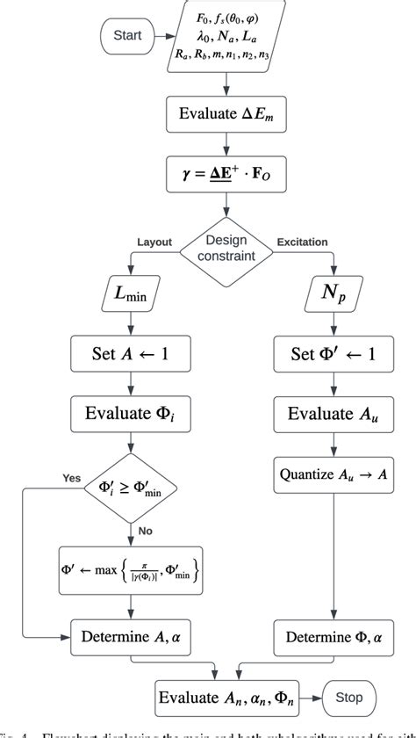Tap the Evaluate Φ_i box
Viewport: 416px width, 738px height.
[x=129, y=412]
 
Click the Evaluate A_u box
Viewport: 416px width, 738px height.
[x=332, y=412]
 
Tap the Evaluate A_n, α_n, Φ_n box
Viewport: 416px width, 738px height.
[x=226, y=699]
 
